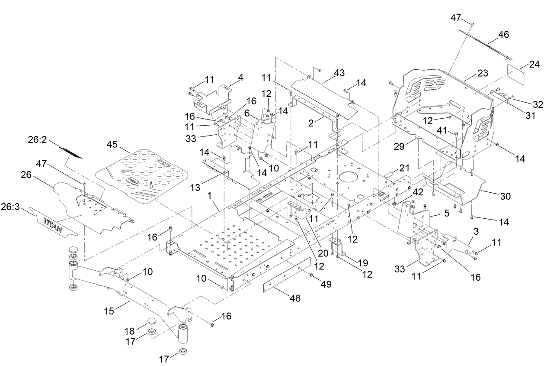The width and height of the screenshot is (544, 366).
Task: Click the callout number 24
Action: [x=534, y=65]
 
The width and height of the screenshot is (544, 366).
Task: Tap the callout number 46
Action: [x=503, y=35]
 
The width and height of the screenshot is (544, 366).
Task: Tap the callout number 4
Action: [x=240, y=78]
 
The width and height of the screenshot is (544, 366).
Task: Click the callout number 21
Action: [x=404, y=168]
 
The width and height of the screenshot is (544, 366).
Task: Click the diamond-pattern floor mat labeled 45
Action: [x=143, y=175]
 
